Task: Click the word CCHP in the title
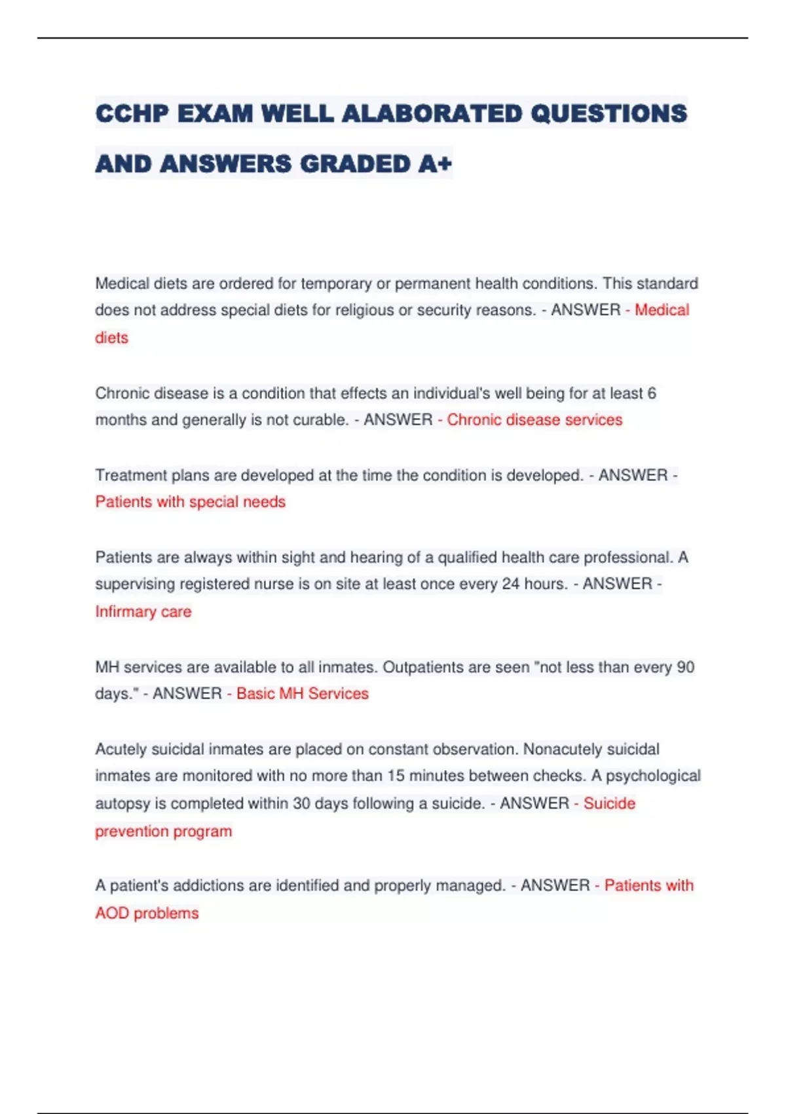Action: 132,113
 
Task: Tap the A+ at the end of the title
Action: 435,164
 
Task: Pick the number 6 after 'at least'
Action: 651,393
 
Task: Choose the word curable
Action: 320,420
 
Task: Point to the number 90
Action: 685,667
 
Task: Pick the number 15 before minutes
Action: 396,776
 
